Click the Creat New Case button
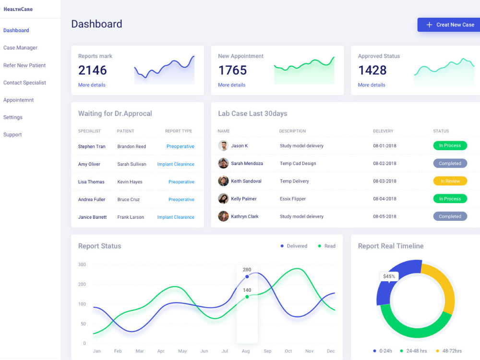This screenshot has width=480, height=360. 449,25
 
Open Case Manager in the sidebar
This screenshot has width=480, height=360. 20,48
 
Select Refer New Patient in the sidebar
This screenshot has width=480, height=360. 24,65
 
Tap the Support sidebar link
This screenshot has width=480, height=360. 12,135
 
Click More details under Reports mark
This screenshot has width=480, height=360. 92,85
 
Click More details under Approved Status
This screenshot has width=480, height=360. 372,85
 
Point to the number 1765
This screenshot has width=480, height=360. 232,71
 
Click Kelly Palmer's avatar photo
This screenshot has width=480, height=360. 223,199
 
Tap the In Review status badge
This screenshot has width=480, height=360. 450,181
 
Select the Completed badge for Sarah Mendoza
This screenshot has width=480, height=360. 450,164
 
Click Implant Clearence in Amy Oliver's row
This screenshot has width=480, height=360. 176,164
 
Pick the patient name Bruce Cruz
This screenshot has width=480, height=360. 129,199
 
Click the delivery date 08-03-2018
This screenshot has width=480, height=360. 384,181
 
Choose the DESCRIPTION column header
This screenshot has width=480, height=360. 292,131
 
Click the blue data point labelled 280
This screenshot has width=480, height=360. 247,277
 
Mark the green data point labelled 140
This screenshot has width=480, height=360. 247,297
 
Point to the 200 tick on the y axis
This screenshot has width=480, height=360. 82,284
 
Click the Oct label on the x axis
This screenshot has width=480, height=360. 288,351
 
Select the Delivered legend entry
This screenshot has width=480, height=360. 294,246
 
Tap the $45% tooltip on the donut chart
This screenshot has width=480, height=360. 389,276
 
